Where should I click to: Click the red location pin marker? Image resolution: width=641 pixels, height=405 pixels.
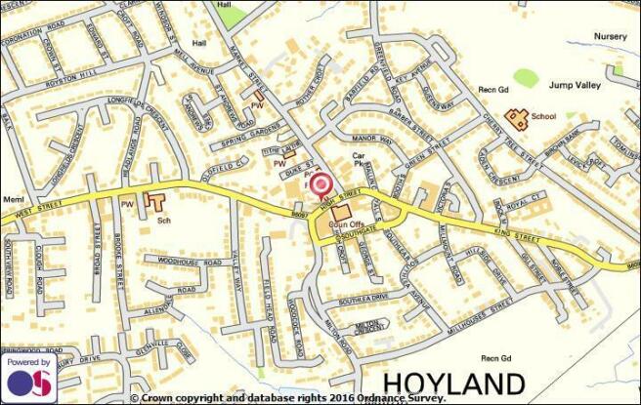[320, 182]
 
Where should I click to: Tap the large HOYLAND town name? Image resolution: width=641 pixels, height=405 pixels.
[452, 382]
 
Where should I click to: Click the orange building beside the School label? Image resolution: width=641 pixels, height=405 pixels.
[517, 119]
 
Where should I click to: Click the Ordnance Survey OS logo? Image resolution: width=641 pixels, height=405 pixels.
[29, 382]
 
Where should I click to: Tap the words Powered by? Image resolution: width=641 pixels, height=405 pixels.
[29, 362]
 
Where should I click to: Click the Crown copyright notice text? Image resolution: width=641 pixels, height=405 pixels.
[288, 397]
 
